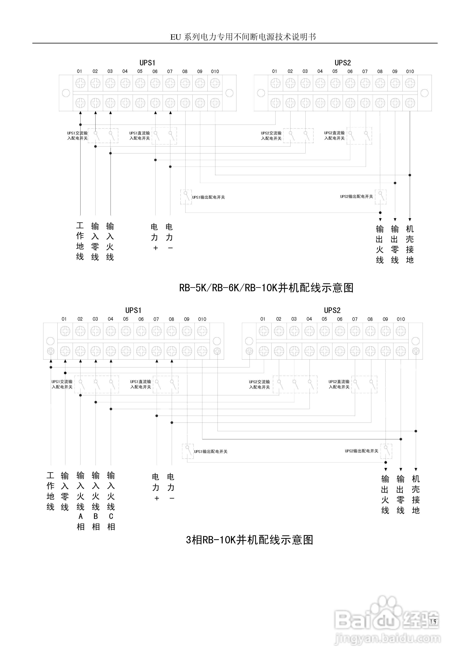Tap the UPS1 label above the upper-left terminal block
tap(147, 63)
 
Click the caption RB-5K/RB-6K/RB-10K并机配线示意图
tap(266, 288)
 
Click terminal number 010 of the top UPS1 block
tap(215, 71)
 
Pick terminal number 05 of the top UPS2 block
tap(335, 71)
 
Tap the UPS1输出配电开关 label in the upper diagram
tap(208, 197)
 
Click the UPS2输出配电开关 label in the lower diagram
tap(361, 451)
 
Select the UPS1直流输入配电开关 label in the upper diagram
tap(140, 136)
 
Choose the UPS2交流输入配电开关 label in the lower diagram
tap(259, 384)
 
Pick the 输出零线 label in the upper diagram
tap(395, 244)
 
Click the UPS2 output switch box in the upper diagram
tap(381, 197)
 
